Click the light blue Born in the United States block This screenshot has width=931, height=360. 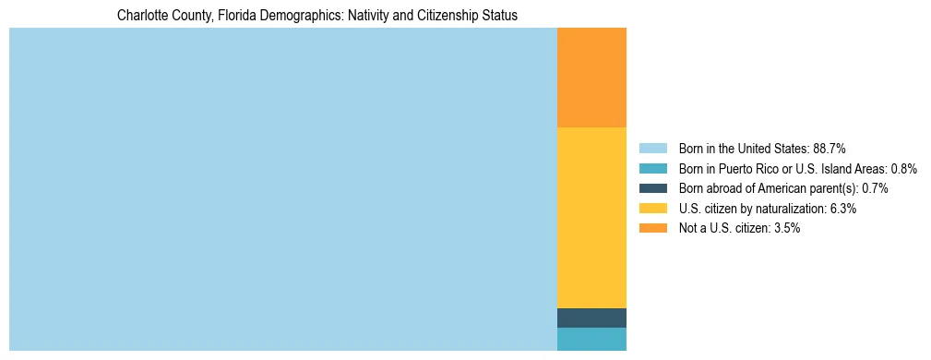click(x=282, y=189)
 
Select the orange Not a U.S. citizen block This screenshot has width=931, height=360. click(x=591, y=78)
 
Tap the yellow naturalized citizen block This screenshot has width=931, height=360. click(x=591, y=217)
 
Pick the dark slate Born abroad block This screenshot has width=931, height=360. click(x=591, y=318)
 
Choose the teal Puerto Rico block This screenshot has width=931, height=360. click(x=591, y=339)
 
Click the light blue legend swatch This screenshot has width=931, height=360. click(x=652, y=149)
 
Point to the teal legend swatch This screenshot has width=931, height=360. click(x=652, y=169)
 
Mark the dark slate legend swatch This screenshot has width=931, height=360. click(x=652, y=188)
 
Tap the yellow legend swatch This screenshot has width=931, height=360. click(x=652, y=209)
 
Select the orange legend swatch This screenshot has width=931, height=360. click(x=652, y=228)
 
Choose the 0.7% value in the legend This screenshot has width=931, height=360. click(x=875, y=188)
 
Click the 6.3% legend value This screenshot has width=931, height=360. click(x=843, y=209)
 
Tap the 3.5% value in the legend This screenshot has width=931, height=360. click(x=786, y=228)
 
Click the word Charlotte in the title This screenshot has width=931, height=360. click(x=140, y=16)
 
